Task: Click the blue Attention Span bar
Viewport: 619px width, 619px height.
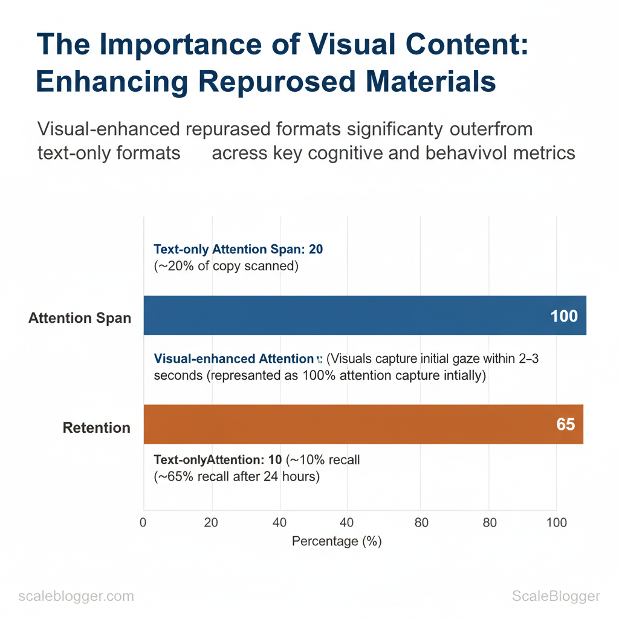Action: (363, 315)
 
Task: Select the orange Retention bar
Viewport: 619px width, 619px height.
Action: (363, 424)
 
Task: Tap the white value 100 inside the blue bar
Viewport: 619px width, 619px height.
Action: (564, 316)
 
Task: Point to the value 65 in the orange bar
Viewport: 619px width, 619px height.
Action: (565, 424)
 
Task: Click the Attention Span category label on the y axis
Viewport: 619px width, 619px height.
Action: (80, 318)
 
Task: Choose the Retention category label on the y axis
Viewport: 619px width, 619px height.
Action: (97, 428)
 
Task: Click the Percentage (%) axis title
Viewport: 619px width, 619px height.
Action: (337, 541)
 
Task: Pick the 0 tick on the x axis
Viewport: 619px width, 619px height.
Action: (143, 523)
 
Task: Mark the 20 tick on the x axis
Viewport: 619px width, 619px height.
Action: (211, 523)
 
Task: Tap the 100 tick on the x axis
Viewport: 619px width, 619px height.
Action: (556, 523)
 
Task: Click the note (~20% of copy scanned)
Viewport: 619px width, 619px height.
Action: (226, 266)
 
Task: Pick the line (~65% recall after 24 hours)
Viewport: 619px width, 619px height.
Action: (236, 476)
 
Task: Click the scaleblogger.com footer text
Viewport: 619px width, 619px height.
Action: (76, 597)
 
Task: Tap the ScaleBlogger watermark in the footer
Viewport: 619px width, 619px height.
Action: (556, 597)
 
